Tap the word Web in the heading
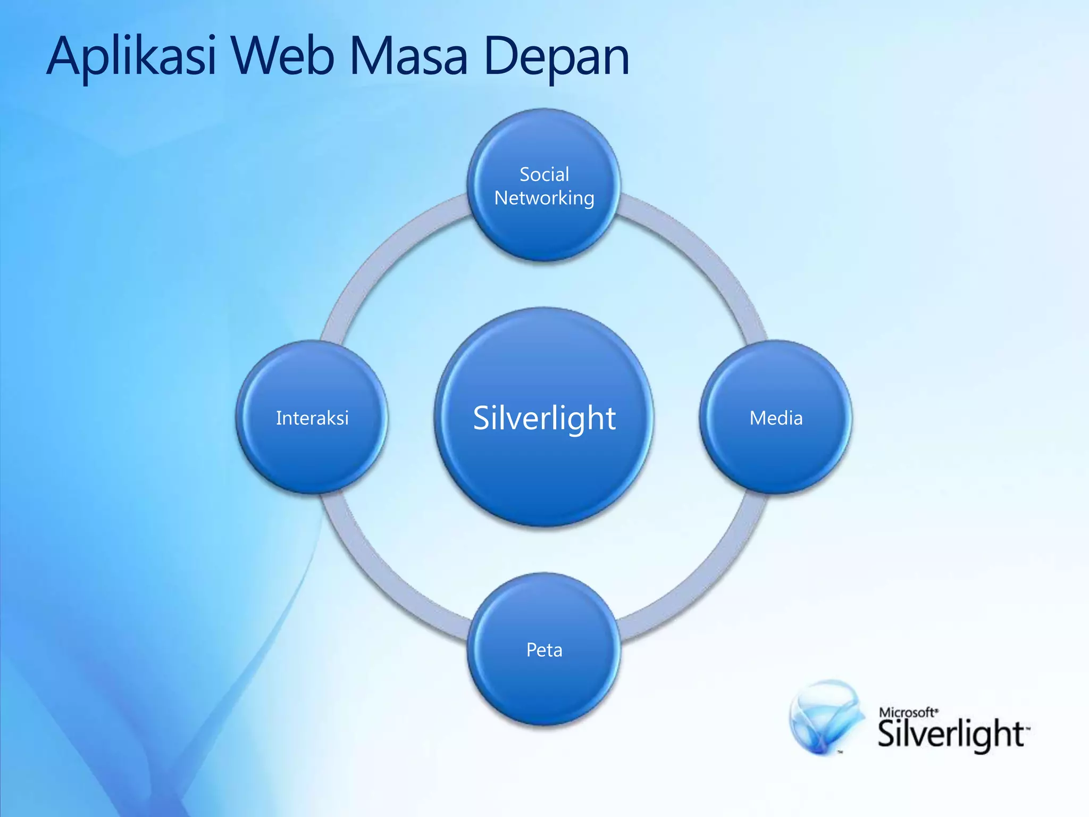tap(282, 56)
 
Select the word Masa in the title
tap(408, 56)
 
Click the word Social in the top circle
tap(544, 174)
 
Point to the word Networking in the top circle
tap(544, 198)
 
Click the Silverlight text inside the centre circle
tap(544, 418)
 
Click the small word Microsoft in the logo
tap(907, 712)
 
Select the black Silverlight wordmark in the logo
tap(951, 735)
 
